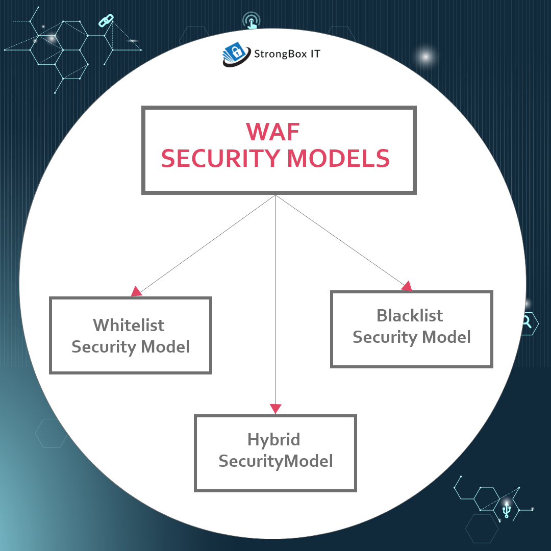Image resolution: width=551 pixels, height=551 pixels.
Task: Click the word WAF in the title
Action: point(273,132)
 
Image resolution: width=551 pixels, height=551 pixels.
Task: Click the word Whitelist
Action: point(129,325)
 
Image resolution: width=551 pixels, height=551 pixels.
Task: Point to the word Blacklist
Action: point(410,315)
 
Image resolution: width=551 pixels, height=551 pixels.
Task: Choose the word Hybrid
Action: point(273,439)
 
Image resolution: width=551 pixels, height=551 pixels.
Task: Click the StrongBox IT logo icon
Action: point(236,55)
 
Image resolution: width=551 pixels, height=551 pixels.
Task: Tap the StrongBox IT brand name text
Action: point(287,54)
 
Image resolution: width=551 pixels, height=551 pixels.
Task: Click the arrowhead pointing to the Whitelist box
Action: point(136,292)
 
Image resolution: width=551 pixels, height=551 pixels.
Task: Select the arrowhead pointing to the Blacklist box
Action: point(407,286)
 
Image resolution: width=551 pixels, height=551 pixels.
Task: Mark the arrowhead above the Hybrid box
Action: point(275,409)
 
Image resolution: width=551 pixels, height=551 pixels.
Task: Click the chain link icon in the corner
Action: point(106,21)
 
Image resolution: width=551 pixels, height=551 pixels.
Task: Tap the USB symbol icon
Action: point(506,510)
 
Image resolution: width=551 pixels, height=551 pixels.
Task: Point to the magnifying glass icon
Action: point(527,322)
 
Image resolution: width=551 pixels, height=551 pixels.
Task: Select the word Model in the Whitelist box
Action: point(165,347)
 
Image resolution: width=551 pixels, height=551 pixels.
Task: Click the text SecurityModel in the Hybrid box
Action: point(275,461)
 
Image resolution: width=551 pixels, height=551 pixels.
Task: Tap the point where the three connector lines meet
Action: point(275,195)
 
